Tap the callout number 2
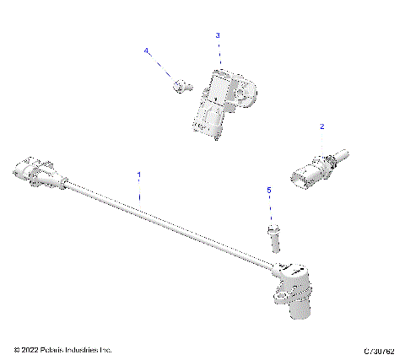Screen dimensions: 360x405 click(x=321, y=126)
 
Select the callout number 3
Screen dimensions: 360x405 click(x=218, y=35)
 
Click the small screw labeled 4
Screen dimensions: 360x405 click(x=179, y=84)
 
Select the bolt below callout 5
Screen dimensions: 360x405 click(x=273, y=237)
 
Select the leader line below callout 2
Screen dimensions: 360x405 click(x=321, y=141)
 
